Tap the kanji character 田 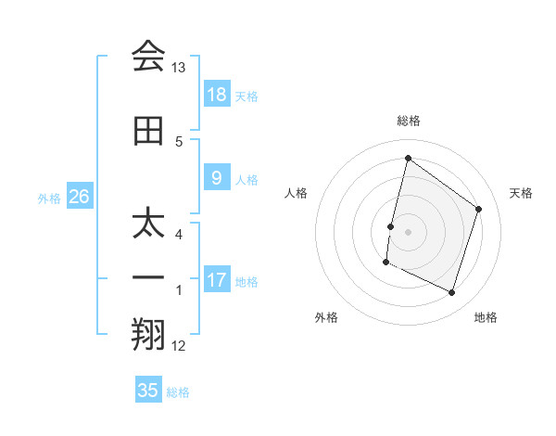[x=148, y=131]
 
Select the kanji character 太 [x=148, y=224]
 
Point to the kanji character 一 [x=148, y=277]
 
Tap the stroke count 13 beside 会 [x=179, y=68]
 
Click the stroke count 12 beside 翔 [x=179, y=346]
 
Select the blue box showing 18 [x=216, y=94]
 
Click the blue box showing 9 [x=216, y=178]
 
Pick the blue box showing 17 [x=216, y=280]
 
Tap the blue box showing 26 [x=80, y=196]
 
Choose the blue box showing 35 [x=148, y=390]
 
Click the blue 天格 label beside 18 [x=246, y=96]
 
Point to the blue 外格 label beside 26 [x=49, y=198]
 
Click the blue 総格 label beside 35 [x=178, y=392]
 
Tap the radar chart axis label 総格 [x=408, y=121]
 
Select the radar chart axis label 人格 [x=296, y=193]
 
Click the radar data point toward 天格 [x=479, y=209]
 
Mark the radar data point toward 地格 [x=452, y=293]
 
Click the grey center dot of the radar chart [x=408, y=232]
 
